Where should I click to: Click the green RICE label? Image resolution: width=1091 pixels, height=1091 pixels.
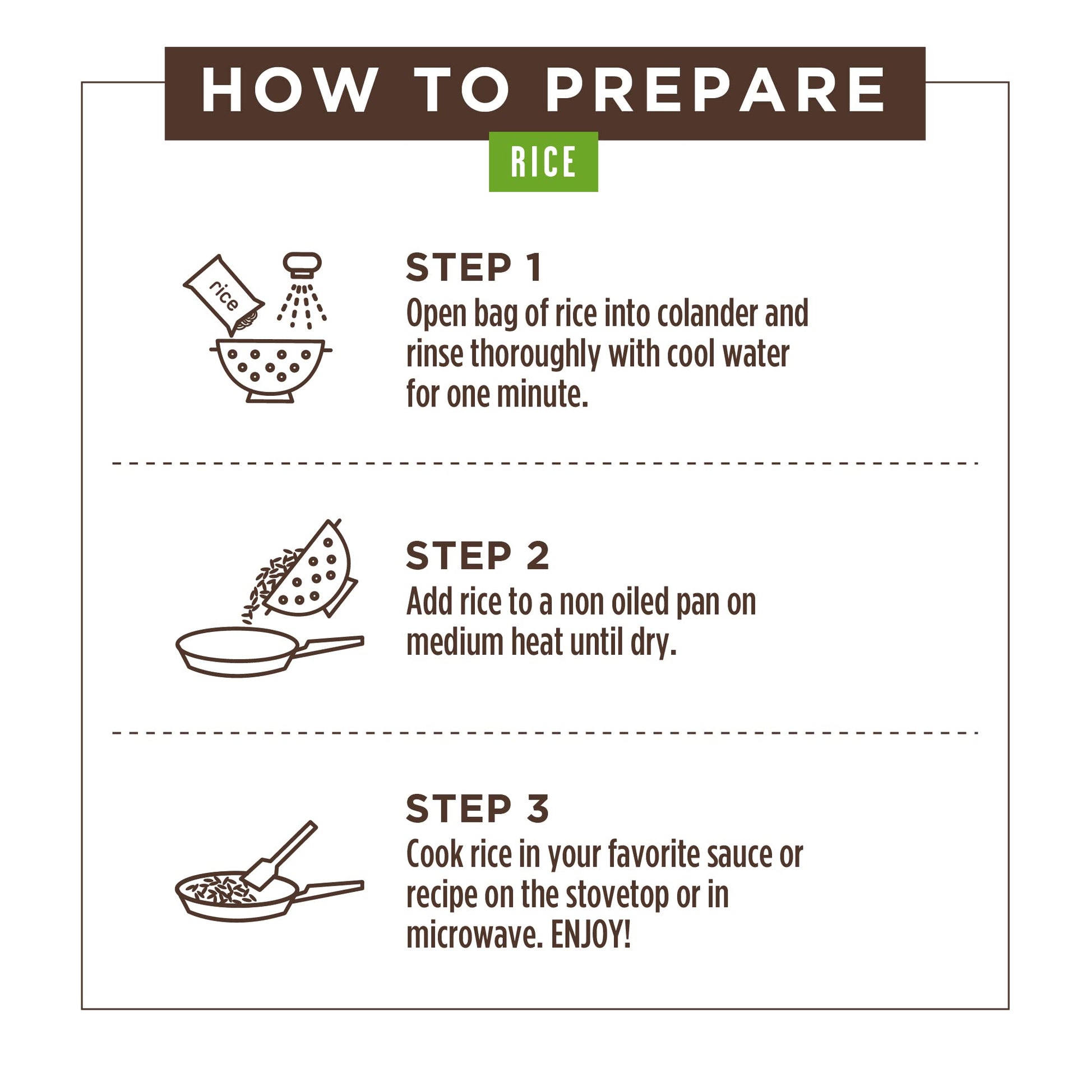pyautogui.click(x=543, y=161)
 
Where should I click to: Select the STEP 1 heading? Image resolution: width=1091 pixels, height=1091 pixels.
pyautogui.click(x=474, y=267)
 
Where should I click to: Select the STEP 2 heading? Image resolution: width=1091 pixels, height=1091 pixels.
pyautogui.click(x=477, y=556)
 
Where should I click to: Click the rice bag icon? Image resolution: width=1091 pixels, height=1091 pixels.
pyautogui.click(x=224, y=295)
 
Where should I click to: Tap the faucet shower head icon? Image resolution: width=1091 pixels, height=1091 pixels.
pyautogui.click(x=302, y=290)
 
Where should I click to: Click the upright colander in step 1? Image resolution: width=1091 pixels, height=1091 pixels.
pyautogui.click(x=270, y=371)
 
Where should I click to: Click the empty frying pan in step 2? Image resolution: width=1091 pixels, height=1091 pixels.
pyautogui.click(x=270, y=651)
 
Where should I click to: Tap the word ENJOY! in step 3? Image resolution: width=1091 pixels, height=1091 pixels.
pyautogui.click(x=590, y=935)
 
